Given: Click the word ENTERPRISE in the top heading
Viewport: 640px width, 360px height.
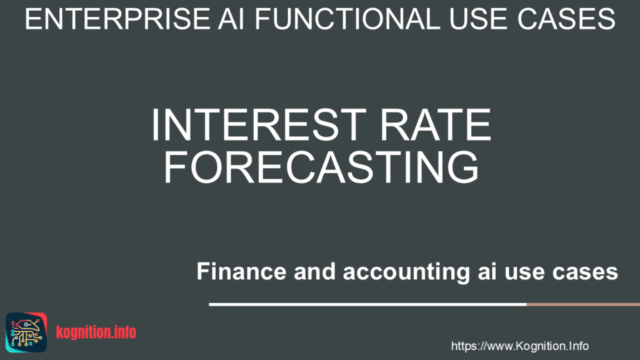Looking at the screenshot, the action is coord(117,19).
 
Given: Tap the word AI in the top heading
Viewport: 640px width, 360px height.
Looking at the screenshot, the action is coord(231,19).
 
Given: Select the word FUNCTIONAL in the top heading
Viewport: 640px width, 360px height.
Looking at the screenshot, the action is coord(347,19).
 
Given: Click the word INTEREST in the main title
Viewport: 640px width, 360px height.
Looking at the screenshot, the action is coord(259,124).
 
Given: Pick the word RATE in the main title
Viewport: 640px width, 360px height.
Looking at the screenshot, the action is coord(436,124).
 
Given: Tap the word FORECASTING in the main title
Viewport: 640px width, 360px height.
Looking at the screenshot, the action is coord(321,167).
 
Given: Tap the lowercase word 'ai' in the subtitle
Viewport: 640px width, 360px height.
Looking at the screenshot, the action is coord(487,271).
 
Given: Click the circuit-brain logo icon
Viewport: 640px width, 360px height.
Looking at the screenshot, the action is coord(26,332).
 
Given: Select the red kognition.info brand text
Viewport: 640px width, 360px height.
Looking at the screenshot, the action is coord(96,332).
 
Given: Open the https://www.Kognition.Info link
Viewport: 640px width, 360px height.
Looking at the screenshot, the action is coord(519,346).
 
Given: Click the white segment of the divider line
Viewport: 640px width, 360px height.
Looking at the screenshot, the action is coord(367,304).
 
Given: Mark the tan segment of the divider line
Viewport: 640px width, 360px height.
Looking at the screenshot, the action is coord(583,304).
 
